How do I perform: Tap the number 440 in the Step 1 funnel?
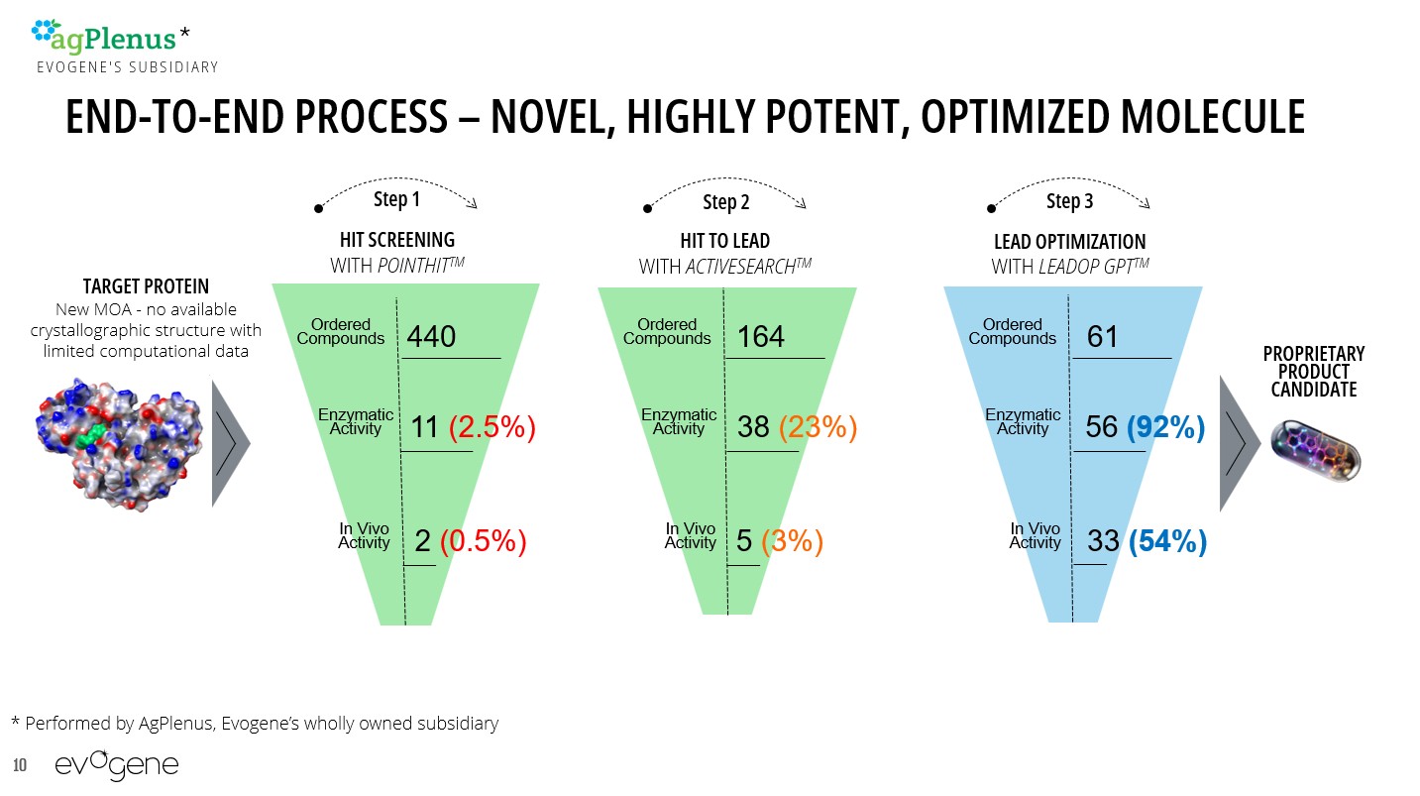[431, 337]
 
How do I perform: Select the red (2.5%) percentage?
[492, 427]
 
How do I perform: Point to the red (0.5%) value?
[483, 541]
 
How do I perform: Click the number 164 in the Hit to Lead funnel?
[761, 337]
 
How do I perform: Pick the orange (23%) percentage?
[818, 427]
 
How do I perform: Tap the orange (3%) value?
[792, 541]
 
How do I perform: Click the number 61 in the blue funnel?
[1102, 337]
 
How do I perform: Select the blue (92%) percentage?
[1165, 427]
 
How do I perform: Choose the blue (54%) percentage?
[1167, 541]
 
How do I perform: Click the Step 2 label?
[725, 202]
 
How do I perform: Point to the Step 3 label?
[1069, 201]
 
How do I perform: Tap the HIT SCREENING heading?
[396, 240]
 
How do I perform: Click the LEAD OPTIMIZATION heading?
[1069, 242]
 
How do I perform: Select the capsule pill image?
[1316, 450]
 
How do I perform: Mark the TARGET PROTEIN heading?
[146, 286]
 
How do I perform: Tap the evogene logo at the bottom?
[117, 765]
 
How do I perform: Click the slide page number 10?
[20, 765]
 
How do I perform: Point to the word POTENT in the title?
[836, 117]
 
